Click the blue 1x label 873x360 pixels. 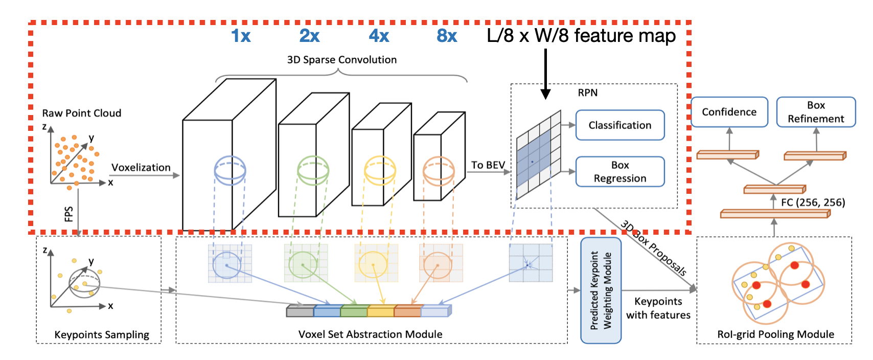tap(241, 36)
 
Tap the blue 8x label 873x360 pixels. tap(447, 36)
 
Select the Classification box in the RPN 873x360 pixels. tap(620, 125)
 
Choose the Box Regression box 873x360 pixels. tap(620, 172)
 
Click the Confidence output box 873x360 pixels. tap(729, 112)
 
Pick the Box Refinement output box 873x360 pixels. tap(816, 112)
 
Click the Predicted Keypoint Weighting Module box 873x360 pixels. tap(601, 290)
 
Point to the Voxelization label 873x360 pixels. tap(141, 168)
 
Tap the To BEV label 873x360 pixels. tap(488, 165)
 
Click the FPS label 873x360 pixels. tap(69, 214)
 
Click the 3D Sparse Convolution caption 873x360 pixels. tap(341, 60)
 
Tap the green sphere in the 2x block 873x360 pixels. tap(313, 170)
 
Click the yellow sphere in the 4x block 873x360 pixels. tap(380, 170)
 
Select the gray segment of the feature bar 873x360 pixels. tap(300, 311)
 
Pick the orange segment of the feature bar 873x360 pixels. tap(407, 311)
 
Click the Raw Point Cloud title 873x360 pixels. tap(82, 113)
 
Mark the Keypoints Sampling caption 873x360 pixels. tap(102, 335)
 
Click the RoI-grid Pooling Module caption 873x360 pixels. tap(775, 334)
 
